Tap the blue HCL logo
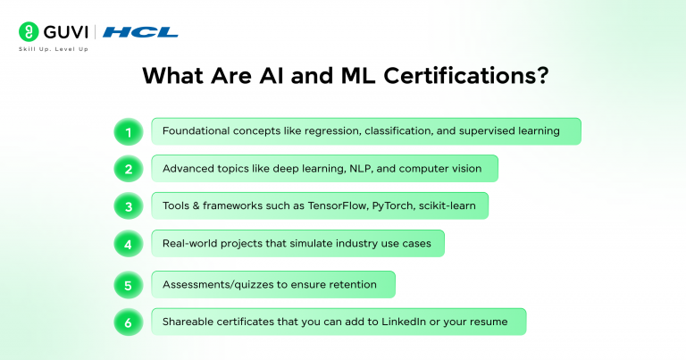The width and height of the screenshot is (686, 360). tap(140, 32)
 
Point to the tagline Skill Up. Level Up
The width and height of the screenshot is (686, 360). tap(54, 48)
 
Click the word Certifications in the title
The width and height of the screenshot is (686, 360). tap(461, 77)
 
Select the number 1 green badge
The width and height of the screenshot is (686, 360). tap(128, 131)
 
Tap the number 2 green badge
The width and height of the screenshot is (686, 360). tap(128, 169)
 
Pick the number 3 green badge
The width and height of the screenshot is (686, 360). tap(128, 206)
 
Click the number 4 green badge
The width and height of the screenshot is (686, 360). tap(128, 244)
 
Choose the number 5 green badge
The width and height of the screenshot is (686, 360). tap(128, 285)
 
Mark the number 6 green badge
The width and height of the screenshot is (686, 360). tap(128, 322)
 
